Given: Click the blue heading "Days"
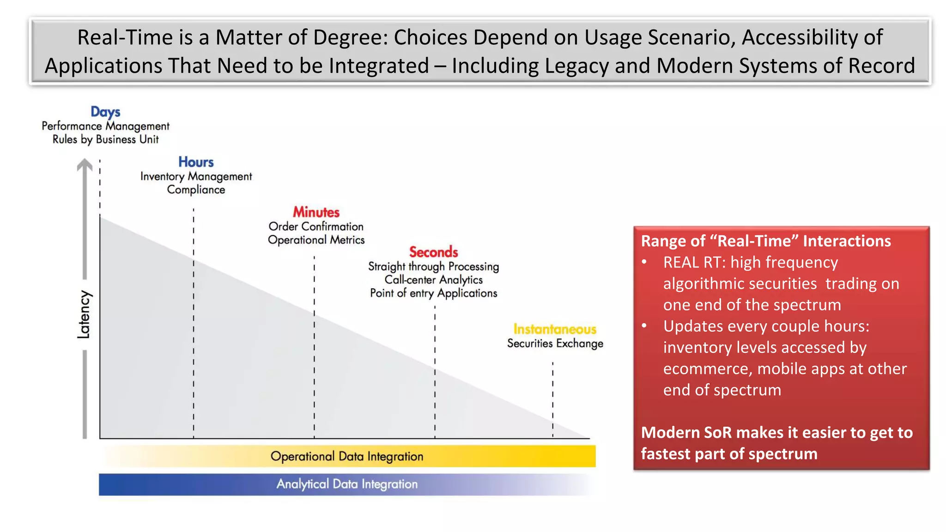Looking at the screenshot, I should (x=105, y=112).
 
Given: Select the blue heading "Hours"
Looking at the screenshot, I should (x=196, y=162).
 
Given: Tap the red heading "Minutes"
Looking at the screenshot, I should (x=316, y=212).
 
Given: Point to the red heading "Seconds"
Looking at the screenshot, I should (x=433, y=252).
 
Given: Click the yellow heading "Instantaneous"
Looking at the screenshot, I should (x=555, y=329).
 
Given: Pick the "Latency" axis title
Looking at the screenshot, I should (x=84, y=314).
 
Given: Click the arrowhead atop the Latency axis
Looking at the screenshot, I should (x=85, y=165).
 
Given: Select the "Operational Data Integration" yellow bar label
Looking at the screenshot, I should (x=347, y=456).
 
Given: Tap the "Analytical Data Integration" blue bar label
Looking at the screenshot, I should (x=347, y=484).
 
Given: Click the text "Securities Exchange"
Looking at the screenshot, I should (x=555, y=344).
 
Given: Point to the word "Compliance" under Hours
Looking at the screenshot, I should (x=196, y=190).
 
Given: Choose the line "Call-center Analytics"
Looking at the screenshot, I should (x=433, y=280).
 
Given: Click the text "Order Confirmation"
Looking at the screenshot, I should (x=316, y=227).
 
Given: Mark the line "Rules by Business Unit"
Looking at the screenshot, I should (x=105, y=139).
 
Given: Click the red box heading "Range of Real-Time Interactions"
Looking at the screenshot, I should (x=766, y=241).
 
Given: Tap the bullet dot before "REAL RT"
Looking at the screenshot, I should (x=644, y=262).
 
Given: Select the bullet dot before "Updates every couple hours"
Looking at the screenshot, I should (x=644, y=326).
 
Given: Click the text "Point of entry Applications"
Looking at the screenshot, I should (x=433, y=293).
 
